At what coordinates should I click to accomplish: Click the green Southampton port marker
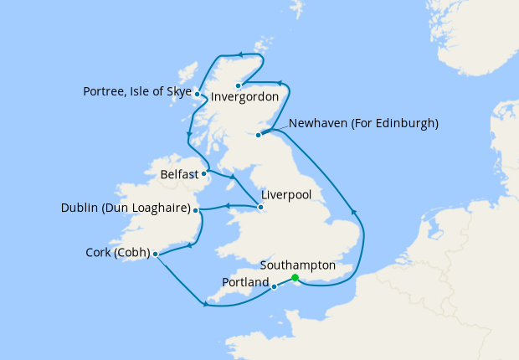pos(295,278)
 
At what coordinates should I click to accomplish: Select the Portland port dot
pos(274,287)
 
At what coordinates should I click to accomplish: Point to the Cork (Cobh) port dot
pos(156,254)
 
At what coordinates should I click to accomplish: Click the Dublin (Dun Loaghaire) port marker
pos(198,209)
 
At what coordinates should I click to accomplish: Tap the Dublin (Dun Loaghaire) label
pos(126,208)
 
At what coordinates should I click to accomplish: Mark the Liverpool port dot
pos(260,207)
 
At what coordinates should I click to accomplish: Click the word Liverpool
pos(286,193)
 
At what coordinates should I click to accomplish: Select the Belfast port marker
pos(204,174)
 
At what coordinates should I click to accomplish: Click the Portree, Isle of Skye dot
pos(197,94)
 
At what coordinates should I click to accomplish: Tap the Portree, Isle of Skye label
pos(137,91)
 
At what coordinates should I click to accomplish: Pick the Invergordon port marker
pos(239,85)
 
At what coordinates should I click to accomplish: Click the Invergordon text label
pos(244,97)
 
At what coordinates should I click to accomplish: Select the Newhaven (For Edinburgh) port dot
pos(259,135)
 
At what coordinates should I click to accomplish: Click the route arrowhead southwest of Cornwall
pos(205,305)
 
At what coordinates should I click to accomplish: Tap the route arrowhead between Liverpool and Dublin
pos(228,206)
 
